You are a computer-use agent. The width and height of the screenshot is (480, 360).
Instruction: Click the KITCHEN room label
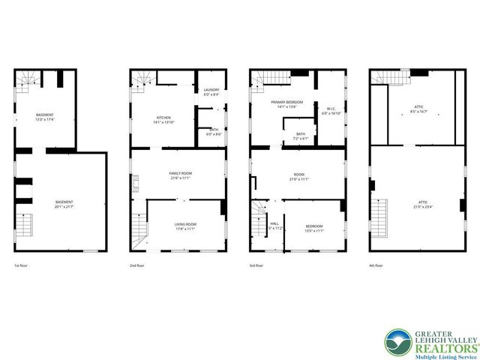(163, 118)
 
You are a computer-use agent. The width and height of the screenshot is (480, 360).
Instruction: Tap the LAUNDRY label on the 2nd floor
(211, 90)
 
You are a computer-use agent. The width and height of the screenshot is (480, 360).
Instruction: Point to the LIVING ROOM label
(185, 224)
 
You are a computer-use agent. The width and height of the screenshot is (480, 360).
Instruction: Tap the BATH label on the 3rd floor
(301, 134)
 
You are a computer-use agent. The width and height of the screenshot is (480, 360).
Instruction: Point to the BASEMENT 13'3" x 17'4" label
(44, 115)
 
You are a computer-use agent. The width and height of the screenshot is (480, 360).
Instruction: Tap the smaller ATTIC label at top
(418, 107)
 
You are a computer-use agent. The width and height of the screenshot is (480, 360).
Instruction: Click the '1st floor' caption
(22, 265)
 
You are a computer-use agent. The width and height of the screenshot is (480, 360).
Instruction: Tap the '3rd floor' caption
(258, 265)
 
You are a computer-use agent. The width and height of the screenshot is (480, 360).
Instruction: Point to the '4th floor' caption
(377, 265)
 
